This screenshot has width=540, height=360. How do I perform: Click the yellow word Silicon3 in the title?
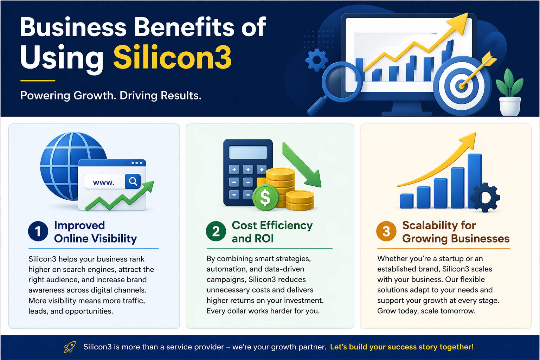172,57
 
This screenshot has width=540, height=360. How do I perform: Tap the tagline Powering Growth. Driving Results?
111,95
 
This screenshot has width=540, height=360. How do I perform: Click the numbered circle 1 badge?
38,231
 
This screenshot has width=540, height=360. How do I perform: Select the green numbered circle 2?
216,231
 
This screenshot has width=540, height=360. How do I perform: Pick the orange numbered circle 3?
386,231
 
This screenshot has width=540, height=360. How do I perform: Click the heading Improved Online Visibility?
95,232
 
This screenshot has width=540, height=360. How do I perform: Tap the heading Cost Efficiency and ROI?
272,232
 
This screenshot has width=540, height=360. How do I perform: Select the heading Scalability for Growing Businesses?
456,232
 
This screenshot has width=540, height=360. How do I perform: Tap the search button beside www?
133,181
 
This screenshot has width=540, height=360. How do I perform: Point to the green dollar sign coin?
265,198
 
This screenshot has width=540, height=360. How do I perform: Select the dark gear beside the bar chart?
485,197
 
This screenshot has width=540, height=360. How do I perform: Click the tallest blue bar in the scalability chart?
475,179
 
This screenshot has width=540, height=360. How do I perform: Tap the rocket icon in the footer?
70,347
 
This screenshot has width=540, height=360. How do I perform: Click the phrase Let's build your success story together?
402,347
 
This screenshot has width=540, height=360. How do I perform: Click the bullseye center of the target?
461,85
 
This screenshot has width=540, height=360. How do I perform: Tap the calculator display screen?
248,153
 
